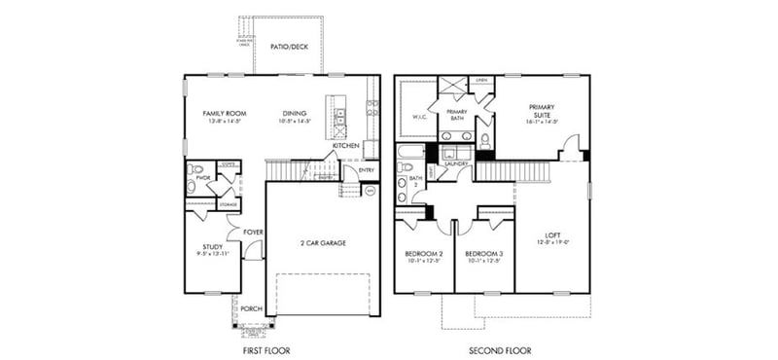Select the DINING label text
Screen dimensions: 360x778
[x=295, y=112]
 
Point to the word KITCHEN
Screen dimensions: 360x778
[x=346, y=146]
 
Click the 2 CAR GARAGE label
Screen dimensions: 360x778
[x=322, y=242]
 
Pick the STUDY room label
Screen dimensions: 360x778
[x=213, y=247]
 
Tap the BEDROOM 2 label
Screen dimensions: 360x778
[x=423, y=254]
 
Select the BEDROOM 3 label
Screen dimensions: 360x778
[x=485, y=254]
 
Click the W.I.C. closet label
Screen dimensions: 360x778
[x=420, y=117]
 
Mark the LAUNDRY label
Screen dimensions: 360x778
[x=457, y=164]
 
